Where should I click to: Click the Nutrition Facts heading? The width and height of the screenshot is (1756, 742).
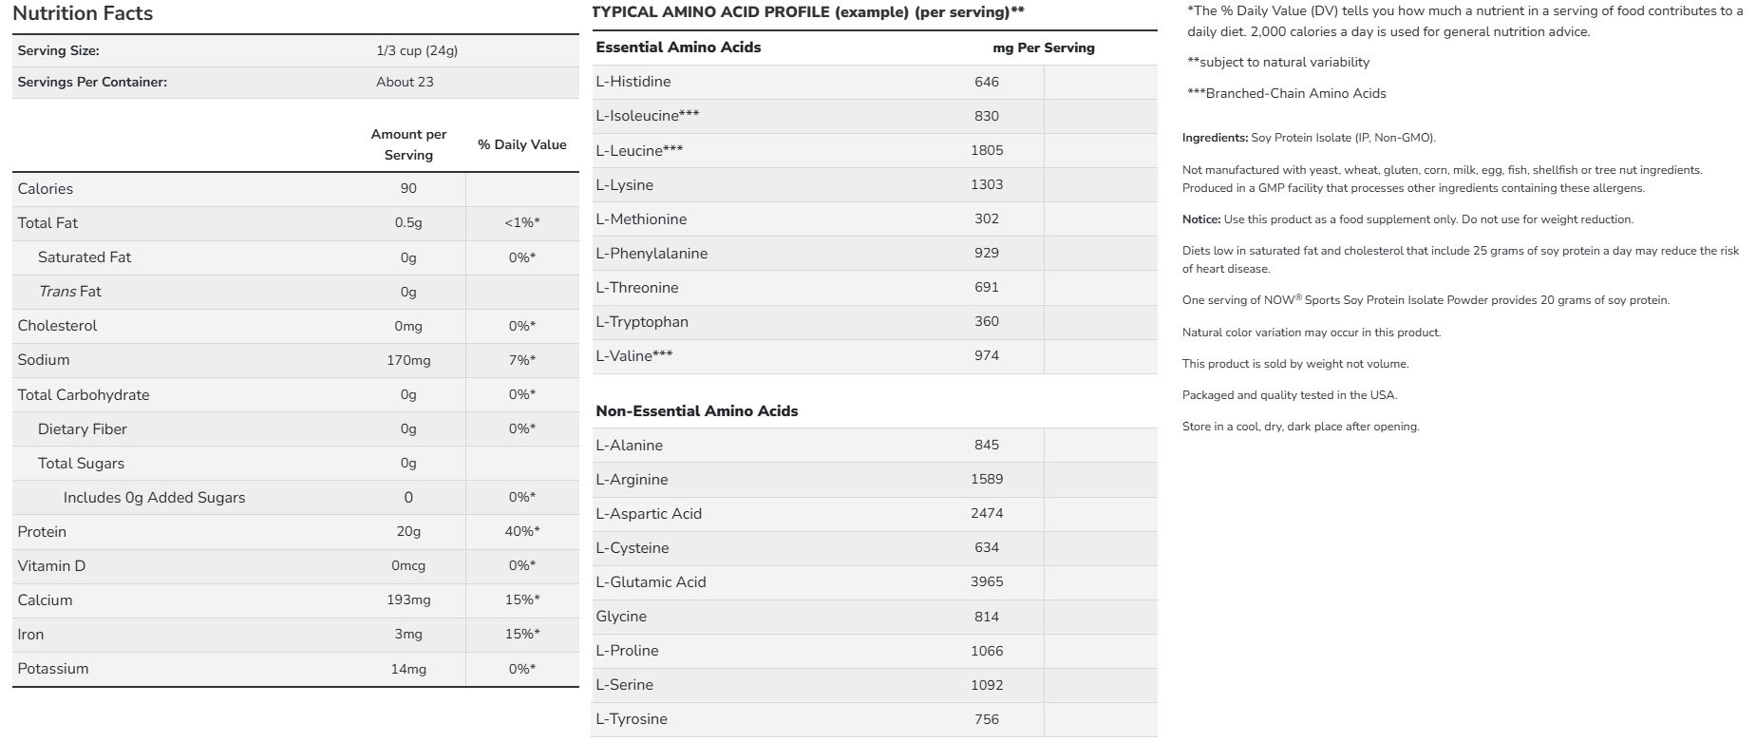(83, 13)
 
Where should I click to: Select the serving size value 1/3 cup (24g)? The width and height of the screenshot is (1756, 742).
(417, 50)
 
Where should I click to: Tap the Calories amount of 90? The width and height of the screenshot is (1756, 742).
(408, 188)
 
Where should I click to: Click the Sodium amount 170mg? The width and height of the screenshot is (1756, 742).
(408, 360)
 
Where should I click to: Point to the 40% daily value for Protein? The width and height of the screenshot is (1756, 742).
(521, 531)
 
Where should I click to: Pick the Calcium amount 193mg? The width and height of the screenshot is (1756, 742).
(408, 599)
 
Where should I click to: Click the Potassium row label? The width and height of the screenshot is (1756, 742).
(53, 669)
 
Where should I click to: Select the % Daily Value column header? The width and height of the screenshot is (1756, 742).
(521, 144)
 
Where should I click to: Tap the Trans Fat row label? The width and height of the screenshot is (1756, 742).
(70, 292)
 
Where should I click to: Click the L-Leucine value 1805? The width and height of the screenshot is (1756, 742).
(987, 150)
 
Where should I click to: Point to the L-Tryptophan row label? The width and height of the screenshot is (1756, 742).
(642, 321)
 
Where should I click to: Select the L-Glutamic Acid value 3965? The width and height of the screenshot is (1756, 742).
(987, 581)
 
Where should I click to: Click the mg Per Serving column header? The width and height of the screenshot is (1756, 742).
(1043, 48)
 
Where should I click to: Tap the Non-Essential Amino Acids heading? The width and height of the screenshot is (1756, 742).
(696, 411)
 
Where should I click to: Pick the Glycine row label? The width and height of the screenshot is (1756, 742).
(621, 617)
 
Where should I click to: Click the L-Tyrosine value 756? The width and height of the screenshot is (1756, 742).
(987, 719)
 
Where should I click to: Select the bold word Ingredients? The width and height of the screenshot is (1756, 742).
(1215, 138)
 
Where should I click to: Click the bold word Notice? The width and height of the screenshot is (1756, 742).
(1201, 219)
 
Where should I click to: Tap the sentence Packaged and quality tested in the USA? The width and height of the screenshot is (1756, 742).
(1289, 395)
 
